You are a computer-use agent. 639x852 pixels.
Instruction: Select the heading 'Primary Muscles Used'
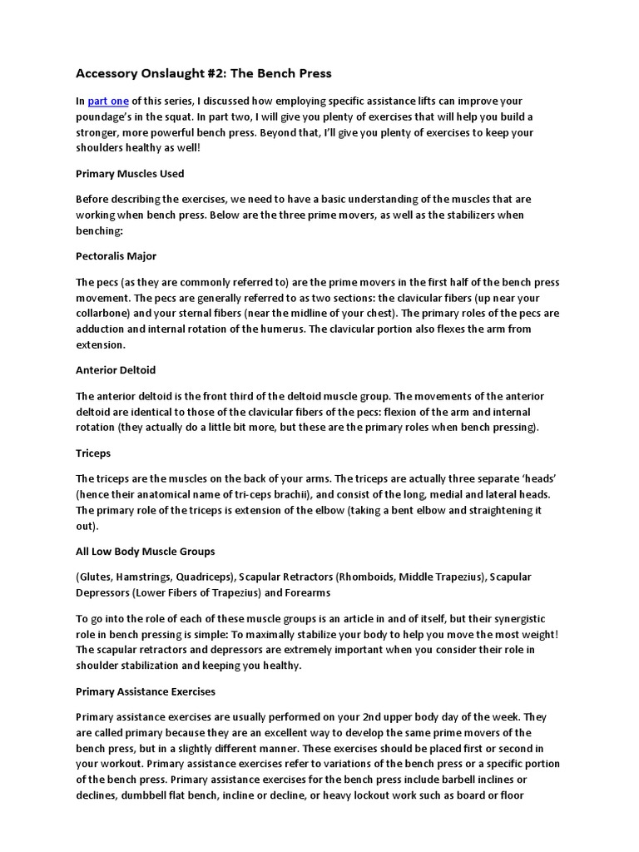pos(130,174)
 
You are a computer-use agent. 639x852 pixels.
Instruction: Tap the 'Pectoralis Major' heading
pos(116,255)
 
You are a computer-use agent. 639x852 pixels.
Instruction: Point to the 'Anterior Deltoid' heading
pos(116,369)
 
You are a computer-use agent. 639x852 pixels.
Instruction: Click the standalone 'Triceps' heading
pos(93,453)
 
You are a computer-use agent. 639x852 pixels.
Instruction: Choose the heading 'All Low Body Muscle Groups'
pos(146,551)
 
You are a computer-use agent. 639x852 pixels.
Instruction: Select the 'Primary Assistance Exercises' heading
pos(146,691)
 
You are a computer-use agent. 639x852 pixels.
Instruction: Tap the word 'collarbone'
pos(103,313)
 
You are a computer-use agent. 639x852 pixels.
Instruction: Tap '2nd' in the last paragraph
pos(392,716)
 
